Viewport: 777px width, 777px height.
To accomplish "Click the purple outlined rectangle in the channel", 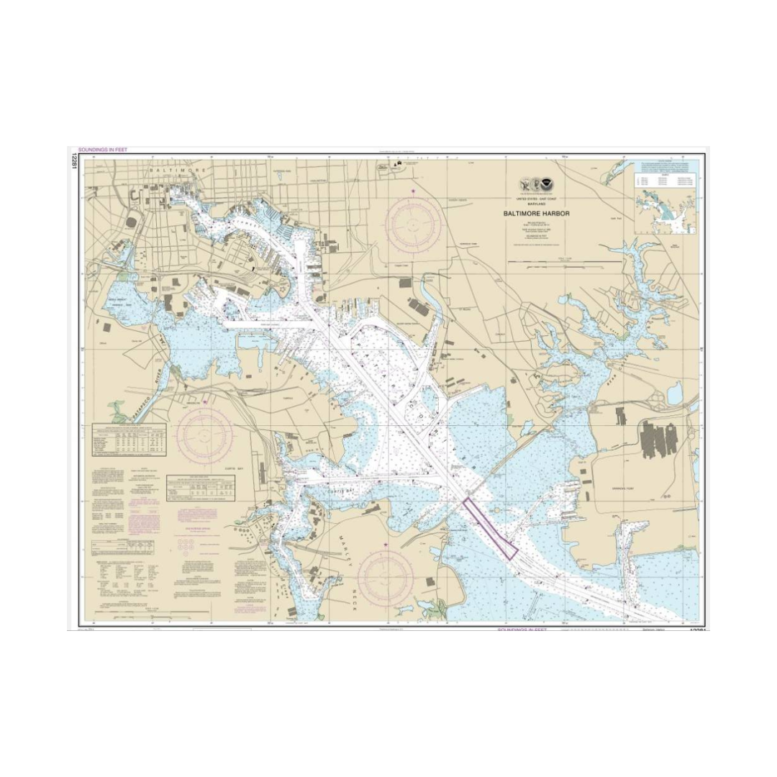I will point(490,528).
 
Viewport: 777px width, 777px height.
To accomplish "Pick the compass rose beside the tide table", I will point(206,434).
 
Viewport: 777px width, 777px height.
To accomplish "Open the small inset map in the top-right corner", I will point(666,202).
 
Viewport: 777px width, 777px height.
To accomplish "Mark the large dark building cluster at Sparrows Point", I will point(659,437).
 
